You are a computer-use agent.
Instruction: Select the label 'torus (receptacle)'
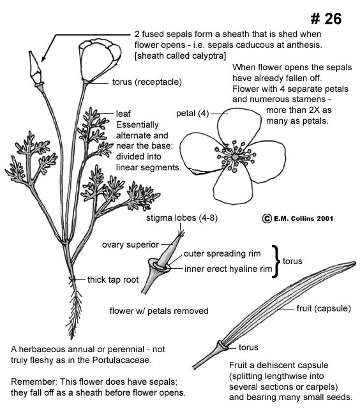147,82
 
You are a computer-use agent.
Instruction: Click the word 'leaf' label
123,114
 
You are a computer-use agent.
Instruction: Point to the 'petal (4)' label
193,114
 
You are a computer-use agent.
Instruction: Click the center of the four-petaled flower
235,157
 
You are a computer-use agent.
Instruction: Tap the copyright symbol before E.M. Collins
267,218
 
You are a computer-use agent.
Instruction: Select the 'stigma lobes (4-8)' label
182,218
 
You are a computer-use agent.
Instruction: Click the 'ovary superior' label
130,244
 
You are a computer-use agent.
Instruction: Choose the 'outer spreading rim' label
222,253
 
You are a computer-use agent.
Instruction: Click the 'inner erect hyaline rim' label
228,269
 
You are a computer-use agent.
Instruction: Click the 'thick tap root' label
113,279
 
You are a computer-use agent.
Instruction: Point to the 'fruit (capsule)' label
324,308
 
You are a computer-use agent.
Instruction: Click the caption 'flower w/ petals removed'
159,311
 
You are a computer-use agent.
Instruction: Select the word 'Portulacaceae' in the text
121,360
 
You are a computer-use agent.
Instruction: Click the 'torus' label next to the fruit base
248,347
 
